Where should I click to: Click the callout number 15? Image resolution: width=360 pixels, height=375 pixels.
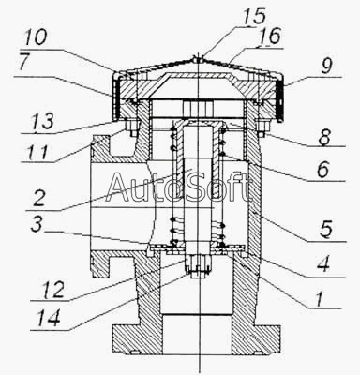tap(253, 16)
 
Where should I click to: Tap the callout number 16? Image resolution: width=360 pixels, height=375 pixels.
tap(269, 37)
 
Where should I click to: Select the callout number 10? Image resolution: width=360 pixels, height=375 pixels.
tap(36, 37)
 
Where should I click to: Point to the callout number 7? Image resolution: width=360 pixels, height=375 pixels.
tap(25, 63)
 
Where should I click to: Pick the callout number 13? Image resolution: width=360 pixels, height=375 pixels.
tap(41, 121)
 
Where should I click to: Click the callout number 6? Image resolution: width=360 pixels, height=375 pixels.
tap(322, 170)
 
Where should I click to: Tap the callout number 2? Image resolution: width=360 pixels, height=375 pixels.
tap(39, 198)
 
